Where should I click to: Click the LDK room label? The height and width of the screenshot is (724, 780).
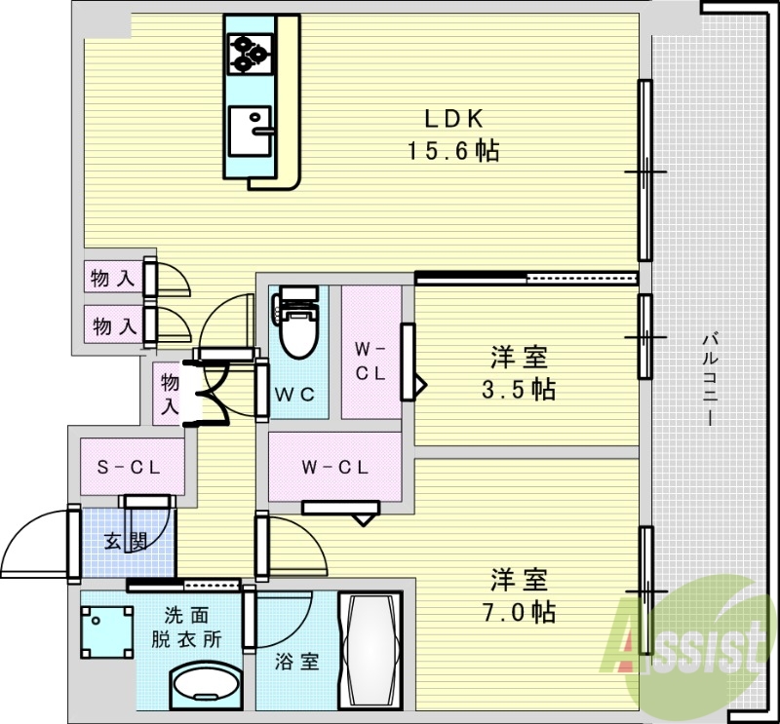coord(453,120)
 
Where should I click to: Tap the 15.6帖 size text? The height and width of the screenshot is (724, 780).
coord(453,151)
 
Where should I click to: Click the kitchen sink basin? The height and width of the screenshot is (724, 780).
coord(252,131)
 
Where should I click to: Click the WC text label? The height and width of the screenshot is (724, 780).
coord(293,395)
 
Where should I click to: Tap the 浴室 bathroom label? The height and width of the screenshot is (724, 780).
coord(296,663)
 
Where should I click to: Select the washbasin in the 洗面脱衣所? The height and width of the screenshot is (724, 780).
coord(205,687)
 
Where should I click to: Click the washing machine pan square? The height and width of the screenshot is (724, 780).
coord(105,632)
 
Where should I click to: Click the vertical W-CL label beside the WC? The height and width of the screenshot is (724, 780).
coord(370,362)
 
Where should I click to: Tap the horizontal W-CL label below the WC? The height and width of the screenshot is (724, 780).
coord(333,467)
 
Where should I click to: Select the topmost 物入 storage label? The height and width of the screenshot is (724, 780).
coord(112,278)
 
